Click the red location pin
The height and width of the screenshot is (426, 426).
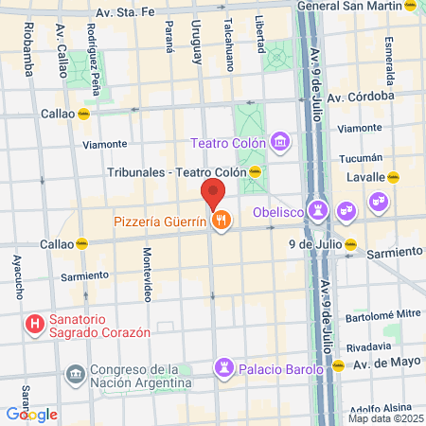click(x=213, y=195)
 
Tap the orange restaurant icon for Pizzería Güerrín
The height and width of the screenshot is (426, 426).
click(x=222, y=221)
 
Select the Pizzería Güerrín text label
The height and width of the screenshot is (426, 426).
click(x=160, y=222)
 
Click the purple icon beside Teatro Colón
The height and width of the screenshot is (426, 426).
click(x=280, y=143)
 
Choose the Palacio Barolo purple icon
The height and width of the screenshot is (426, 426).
click(x=225, y=366)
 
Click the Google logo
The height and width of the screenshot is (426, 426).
click(x=31, y=414)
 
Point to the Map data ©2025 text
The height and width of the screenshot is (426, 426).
click(x=385, y=418)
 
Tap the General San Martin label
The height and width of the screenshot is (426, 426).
click(x=347, y=6)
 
